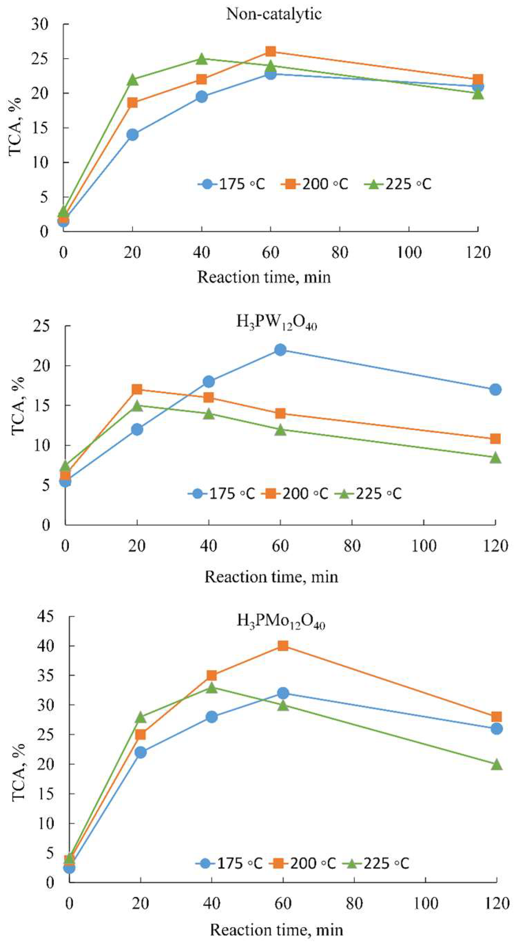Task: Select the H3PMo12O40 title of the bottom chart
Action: pyautogui.click(x=281, y=621)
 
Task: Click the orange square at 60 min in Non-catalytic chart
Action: pyautogui.click(x=271, y=51)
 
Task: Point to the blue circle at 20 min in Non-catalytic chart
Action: pyautogui.click(x=132, y=135)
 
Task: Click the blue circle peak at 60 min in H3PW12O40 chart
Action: pyautogui.click(x=280, y=349)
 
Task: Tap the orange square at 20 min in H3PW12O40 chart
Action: pyautogui.click(x=137, y=389)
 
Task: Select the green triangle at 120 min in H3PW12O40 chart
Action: pyautogui.click(x=495, y=458)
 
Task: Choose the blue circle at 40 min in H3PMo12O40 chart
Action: pyautogui.click(x=211, y=717)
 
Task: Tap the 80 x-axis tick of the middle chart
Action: pyautogui.click(x=352, y=546)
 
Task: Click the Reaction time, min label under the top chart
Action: pyautogui.click(x=264, y=277)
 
